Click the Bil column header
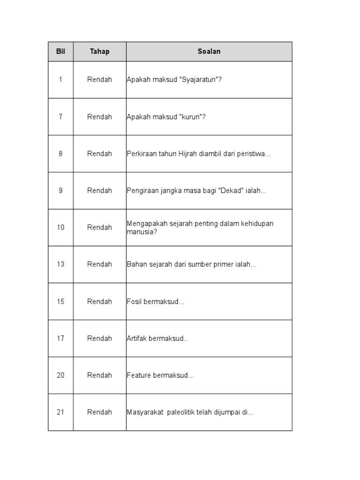click(60, 52)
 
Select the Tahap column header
click(99, 52)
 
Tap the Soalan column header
click(209, 52)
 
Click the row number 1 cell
click(60, 80)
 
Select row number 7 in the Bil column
click(60, 117)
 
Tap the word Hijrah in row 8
click(188, 154)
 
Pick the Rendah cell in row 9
click(99, 191)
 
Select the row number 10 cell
click(60, 227)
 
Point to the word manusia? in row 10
click(142, 232)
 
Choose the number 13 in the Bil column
click(60, 264)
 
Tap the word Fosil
click(134, 301)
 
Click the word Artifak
click(136, 338)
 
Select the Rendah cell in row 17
click(99, 338)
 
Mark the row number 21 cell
click(60, 412)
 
